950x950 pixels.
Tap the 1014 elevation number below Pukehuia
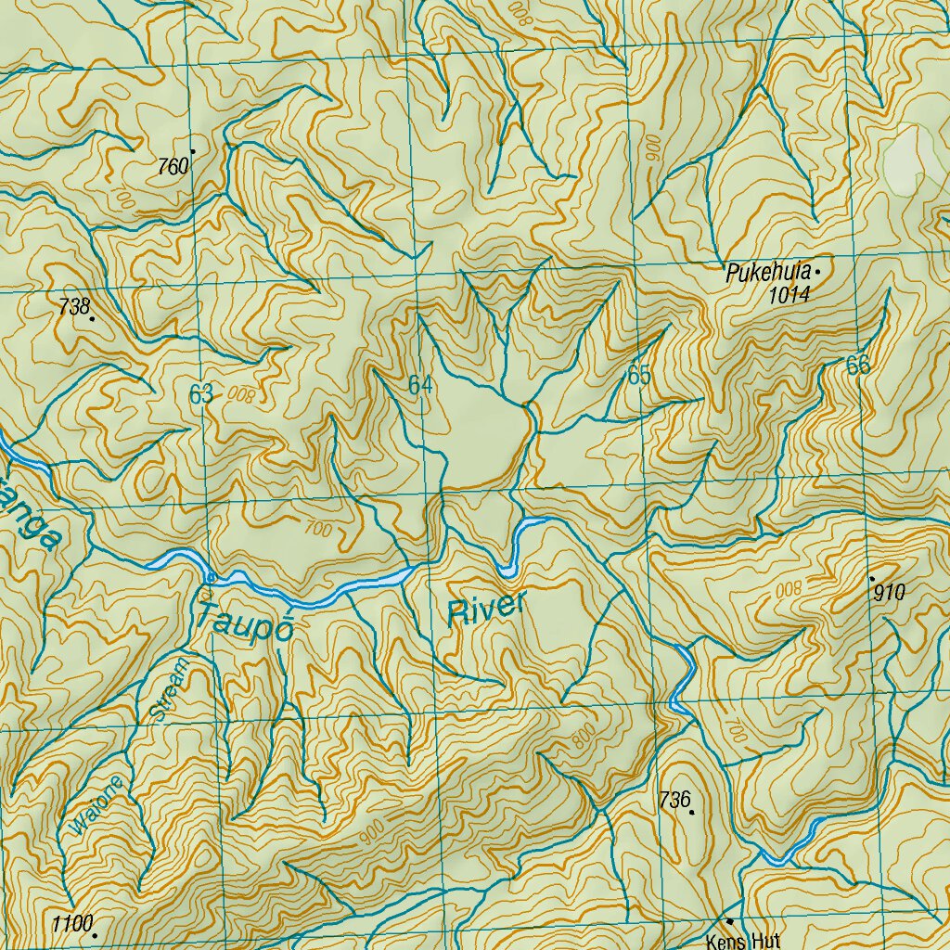790,296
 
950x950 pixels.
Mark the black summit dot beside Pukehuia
817,273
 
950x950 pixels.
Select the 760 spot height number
173,167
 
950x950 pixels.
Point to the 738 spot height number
72,307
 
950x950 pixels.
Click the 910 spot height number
889,592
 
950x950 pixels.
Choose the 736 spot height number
674,799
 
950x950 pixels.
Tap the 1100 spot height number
72,924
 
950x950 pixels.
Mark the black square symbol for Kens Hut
730,921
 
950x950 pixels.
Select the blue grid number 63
201,394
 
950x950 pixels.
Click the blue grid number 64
420,385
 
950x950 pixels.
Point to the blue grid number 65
639,376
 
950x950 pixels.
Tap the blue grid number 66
858,366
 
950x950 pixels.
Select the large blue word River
486,609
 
